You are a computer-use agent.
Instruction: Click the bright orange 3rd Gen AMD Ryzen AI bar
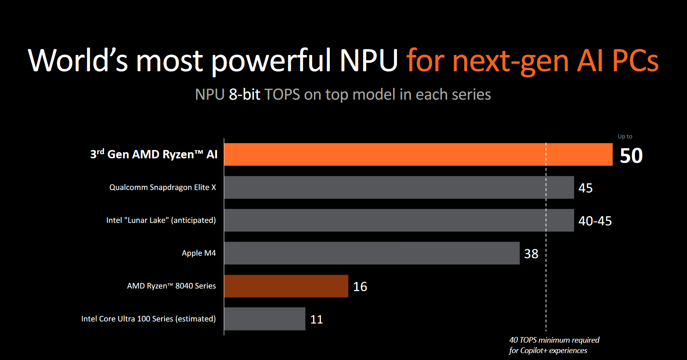[418, 154]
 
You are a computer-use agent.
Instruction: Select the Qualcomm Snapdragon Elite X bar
[399, 187]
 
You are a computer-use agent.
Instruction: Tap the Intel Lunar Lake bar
[399, 220]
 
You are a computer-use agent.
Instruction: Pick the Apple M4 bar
[371, 253]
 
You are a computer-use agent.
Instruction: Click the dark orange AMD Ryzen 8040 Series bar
[286, 286]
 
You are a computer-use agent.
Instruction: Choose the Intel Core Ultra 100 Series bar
[264, 319]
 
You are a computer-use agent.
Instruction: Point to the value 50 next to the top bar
[631, 156]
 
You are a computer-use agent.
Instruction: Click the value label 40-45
[595, 221]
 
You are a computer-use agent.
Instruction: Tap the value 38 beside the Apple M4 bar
[531, 254]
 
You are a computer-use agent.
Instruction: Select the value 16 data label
[360, 287]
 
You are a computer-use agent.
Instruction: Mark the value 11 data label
[316, 320]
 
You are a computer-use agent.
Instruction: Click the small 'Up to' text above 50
[625, 136]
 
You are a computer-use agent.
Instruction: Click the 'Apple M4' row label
[199, 253]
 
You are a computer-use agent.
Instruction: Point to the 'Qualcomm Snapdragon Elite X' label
[163, 187]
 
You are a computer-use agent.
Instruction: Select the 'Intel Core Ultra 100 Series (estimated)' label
[148, 319]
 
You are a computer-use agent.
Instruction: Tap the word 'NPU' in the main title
[368, 61]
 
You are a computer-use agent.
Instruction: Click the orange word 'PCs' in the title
[635, 61]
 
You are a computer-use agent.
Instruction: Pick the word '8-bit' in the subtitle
[244, 94]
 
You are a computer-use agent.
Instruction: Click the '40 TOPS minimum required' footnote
[554, 340]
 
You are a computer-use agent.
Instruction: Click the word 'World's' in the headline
[78, 61]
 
